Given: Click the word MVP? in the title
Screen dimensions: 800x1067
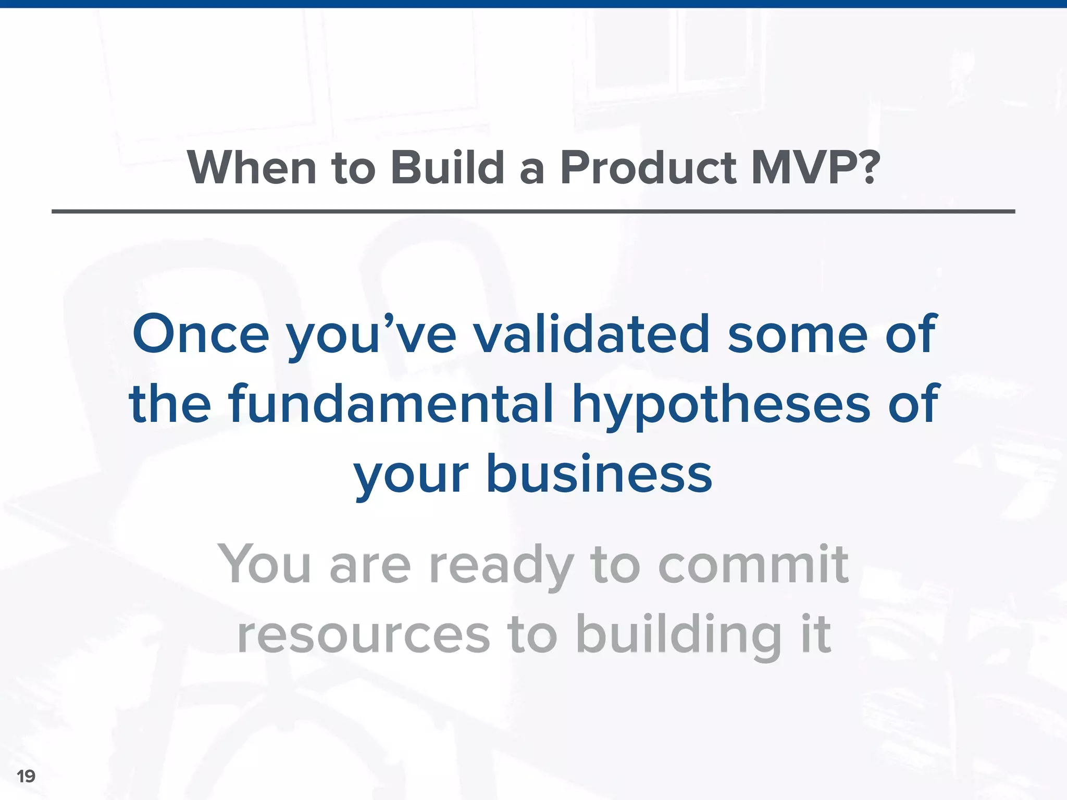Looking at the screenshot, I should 815,168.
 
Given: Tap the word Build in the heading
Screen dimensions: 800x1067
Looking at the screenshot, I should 447,168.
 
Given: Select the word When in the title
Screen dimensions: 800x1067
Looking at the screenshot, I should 252,168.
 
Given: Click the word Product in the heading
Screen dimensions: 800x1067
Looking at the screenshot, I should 648,168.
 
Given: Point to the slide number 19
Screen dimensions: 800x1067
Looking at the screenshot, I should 26,776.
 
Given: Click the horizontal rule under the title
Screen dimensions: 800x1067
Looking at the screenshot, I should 533,211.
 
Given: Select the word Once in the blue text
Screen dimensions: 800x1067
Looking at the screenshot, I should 201,334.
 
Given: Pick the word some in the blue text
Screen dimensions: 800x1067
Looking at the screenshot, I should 797,334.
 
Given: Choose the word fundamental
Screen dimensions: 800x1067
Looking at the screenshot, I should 391,404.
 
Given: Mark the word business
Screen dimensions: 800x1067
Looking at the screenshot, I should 599,474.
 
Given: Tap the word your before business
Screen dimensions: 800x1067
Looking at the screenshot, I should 412,477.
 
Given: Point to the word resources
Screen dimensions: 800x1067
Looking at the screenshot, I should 364,635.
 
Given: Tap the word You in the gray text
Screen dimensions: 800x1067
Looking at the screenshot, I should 265,564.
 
